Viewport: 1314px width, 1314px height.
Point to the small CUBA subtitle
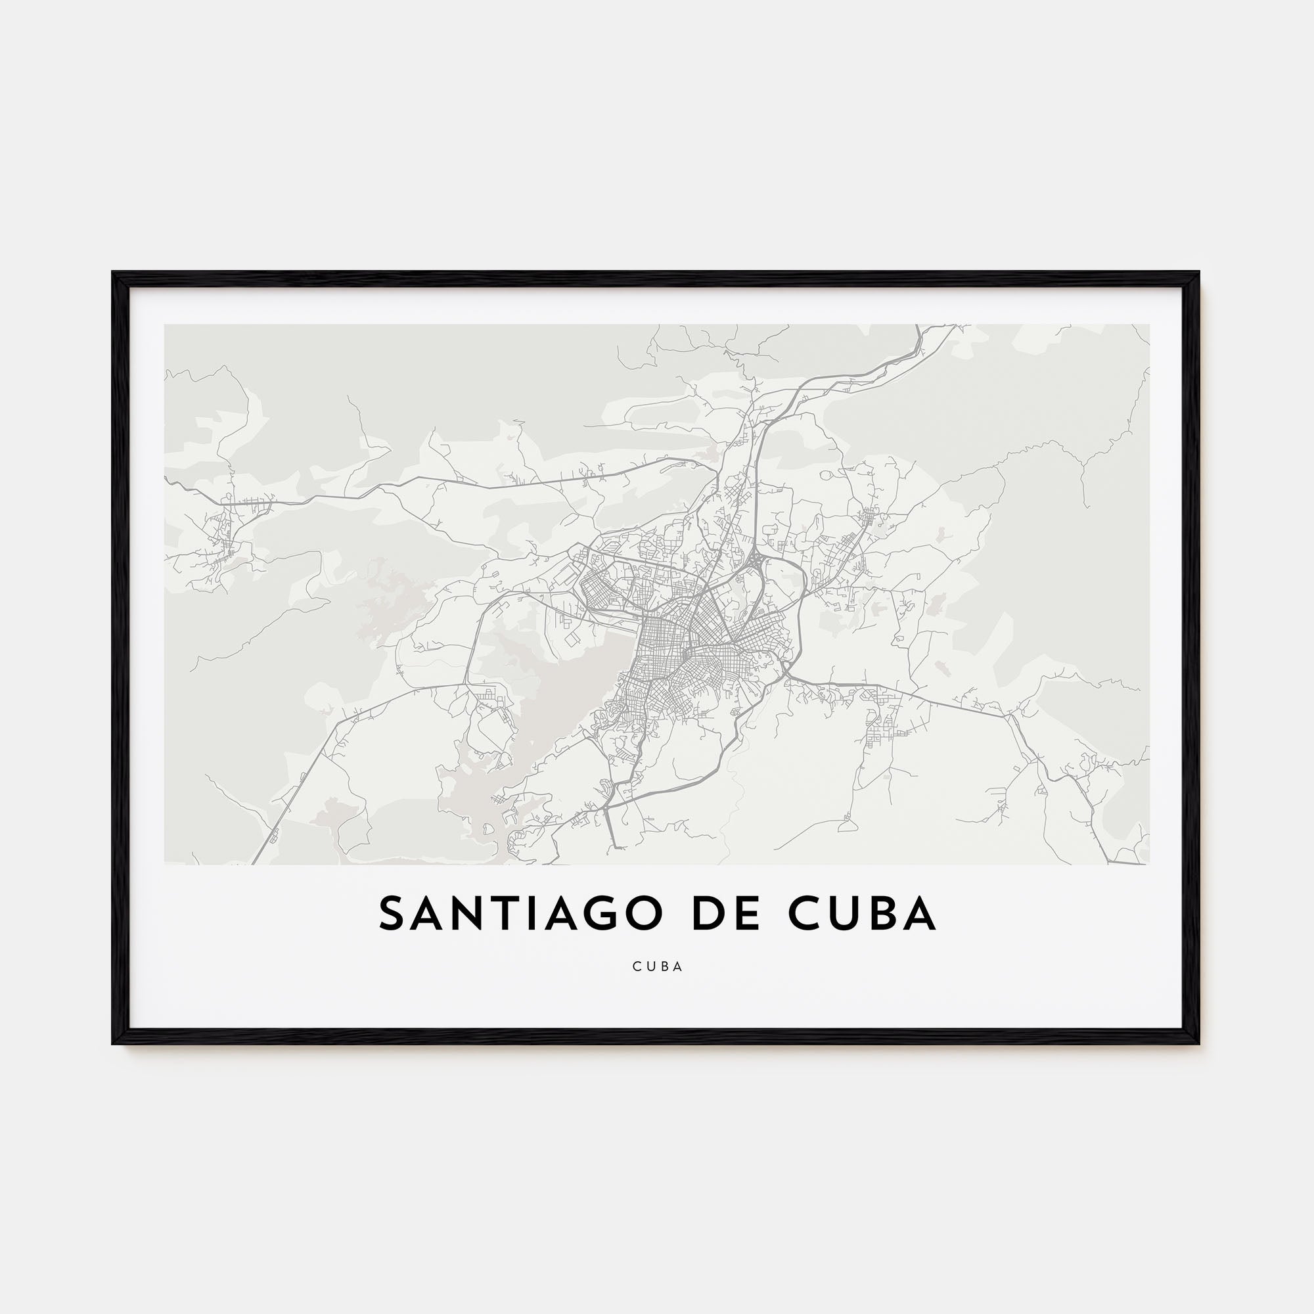(x=657, y=966)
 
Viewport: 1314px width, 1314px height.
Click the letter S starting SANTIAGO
(x=392, y=914)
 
